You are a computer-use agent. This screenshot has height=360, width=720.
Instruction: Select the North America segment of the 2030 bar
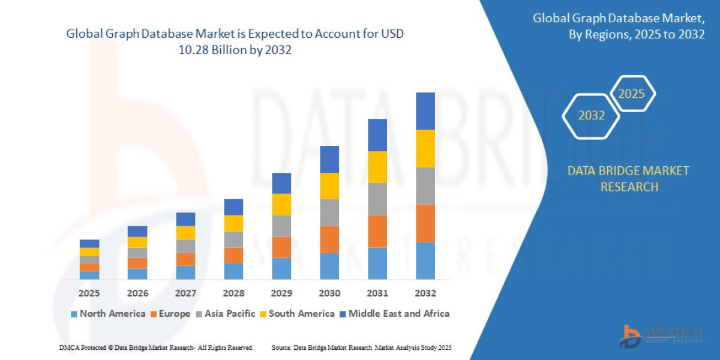[x=329, y=266]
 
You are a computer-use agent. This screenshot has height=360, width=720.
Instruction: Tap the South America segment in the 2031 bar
[x=377, y=167]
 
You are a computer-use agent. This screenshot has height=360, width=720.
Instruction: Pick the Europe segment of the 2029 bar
[x=281, y=247]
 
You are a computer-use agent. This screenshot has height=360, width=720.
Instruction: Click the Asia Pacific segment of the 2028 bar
[x=233, y=239]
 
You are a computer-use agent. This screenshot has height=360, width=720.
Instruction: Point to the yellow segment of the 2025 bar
[x=89, y=252]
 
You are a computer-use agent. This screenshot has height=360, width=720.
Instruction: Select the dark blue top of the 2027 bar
[x=185, y=219]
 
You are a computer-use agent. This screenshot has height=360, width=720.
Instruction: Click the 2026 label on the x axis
[x=137, y=293]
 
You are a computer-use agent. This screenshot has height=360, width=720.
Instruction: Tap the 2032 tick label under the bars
[x=425, y=293]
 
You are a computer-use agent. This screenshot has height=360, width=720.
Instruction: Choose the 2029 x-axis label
[x=281, y=293]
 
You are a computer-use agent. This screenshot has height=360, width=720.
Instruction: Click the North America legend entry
[x=108, y=313]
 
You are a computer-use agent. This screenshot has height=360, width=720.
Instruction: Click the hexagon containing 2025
[x=631, y=94]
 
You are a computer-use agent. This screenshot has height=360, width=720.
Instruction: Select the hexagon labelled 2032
[x=591, y=116]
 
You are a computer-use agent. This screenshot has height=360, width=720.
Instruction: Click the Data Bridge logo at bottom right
[x=661, y=335]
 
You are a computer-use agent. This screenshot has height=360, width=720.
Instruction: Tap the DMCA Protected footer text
[x=156, y=347]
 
